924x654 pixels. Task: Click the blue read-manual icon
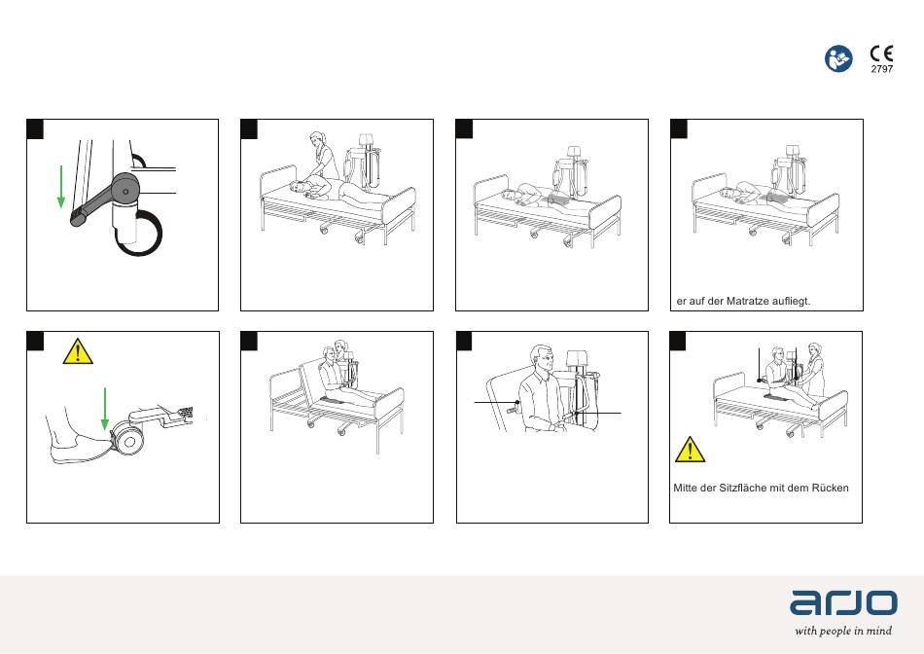[838, 59]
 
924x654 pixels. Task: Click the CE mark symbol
[881, 54]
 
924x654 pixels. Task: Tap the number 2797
[882, 69]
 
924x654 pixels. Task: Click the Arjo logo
[843, 602]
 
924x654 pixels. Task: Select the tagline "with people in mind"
[842, 631]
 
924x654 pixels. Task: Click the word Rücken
[830, 488]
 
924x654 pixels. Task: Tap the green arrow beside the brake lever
[60, 186]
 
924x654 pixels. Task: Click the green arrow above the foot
[104, 409]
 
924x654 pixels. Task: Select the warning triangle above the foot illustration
[78, 351]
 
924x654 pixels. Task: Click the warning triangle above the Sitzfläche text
[690, 450]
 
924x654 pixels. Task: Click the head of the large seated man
[542, 360]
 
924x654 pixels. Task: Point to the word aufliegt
[791, 301]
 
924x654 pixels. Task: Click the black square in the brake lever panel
[35, 128]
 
